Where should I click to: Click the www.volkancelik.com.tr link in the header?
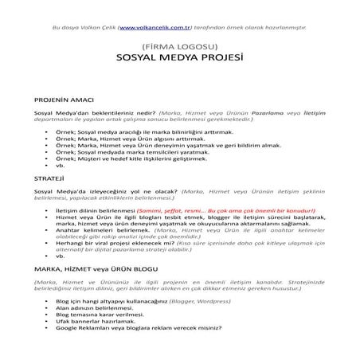tap(156, 27)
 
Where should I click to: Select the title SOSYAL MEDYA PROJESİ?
tap(179, 60)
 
